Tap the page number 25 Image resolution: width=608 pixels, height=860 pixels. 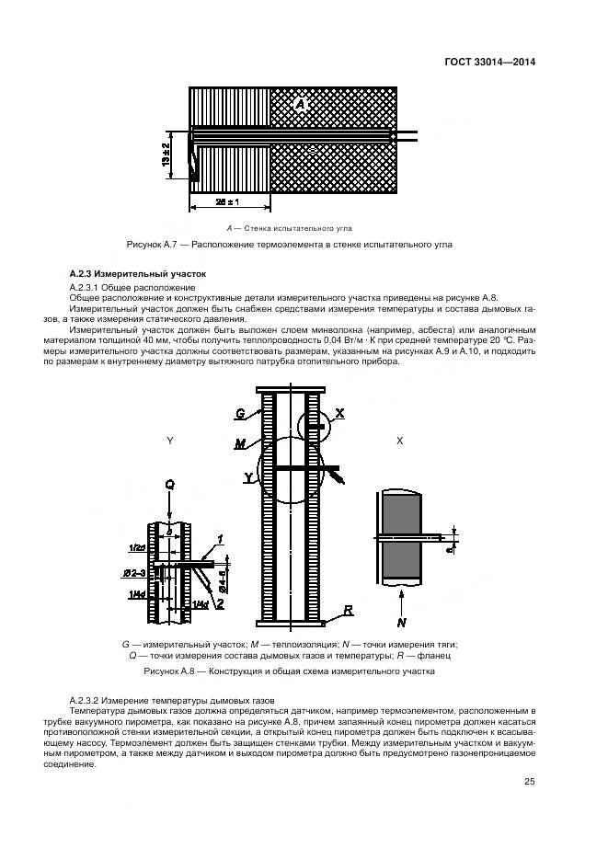[528, 782]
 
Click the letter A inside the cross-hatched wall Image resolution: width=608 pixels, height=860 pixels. [301, 106]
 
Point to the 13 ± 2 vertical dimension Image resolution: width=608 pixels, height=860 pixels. [166, 155]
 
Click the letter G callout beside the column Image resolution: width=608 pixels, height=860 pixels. [240, 413]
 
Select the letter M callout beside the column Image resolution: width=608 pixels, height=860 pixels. [239, 443]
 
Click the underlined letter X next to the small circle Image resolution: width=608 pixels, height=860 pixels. [338, 414]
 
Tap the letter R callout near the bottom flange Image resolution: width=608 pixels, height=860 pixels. [350, 610]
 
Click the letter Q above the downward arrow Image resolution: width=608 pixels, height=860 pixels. [169, 484]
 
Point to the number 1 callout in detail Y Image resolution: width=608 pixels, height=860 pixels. [220, 537]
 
